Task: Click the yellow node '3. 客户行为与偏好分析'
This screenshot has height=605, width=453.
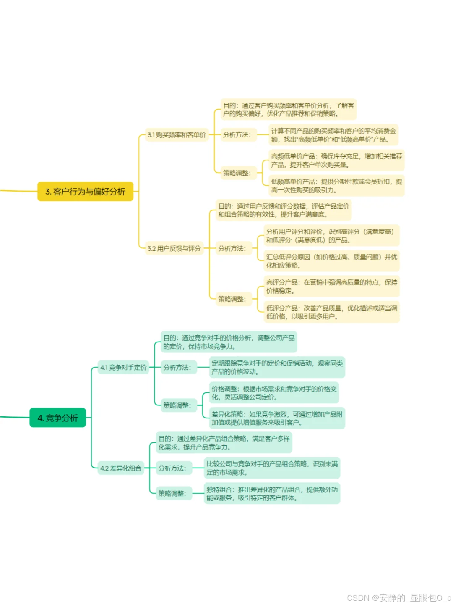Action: [85, 192]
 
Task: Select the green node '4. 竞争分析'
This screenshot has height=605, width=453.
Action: [58, 418]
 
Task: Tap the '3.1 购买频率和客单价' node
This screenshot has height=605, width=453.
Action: [177, 135]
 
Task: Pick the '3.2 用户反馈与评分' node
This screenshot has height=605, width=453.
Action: [174, 248]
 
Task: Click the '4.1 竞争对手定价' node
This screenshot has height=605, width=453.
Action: [123, 367]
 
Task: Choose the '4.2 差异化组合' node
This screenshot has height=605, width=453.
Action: [121, 468]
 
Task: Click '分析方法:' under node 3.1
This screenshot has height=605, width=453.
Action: [237, 135]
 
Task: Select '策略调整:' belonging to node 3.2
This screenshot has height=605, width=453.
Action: [232, 299]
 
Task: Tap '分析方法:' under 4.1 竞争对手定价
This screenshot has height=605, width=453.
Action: [177, 367]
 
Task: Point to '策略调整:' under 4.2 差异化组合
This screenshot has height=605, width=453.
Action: [172, 493]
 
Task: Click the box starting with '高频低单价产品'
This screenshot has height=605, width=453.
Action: [336, 160]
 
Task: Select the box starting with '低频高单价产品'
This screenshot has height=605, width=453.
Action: [336, 186]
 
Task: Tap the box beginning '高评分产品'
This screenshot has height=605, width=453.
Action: [331, 286]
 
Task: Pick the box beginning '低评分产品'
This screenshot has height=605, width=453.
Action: [331, 312]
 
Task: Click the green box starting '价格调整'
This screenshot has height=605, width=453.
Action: [274, 393]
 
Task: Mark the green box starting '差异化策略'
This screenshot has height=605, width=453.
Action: [277, 418]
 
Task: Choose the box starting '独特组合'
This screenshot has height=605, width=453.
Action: [272, 493]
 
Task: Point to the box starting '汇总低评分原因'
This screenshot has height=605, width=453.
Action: [331, 261]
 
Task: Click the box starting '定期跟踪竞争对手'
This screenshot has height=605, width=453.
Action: [277, 367]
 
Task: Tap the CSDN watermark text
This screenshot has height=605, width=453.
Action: [399, 597]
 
